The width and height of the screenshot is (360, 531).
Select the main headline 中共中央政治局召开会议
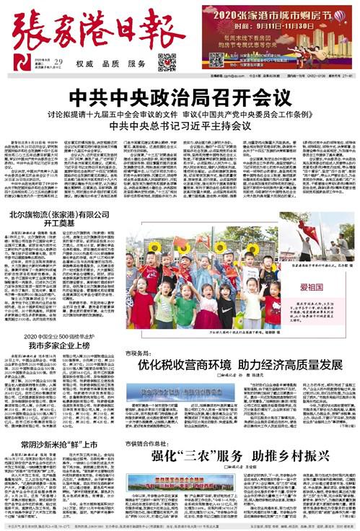tap(180, 95)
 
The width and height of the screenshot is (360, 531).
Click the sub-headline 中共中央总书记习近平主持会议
tap(180, 126)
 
